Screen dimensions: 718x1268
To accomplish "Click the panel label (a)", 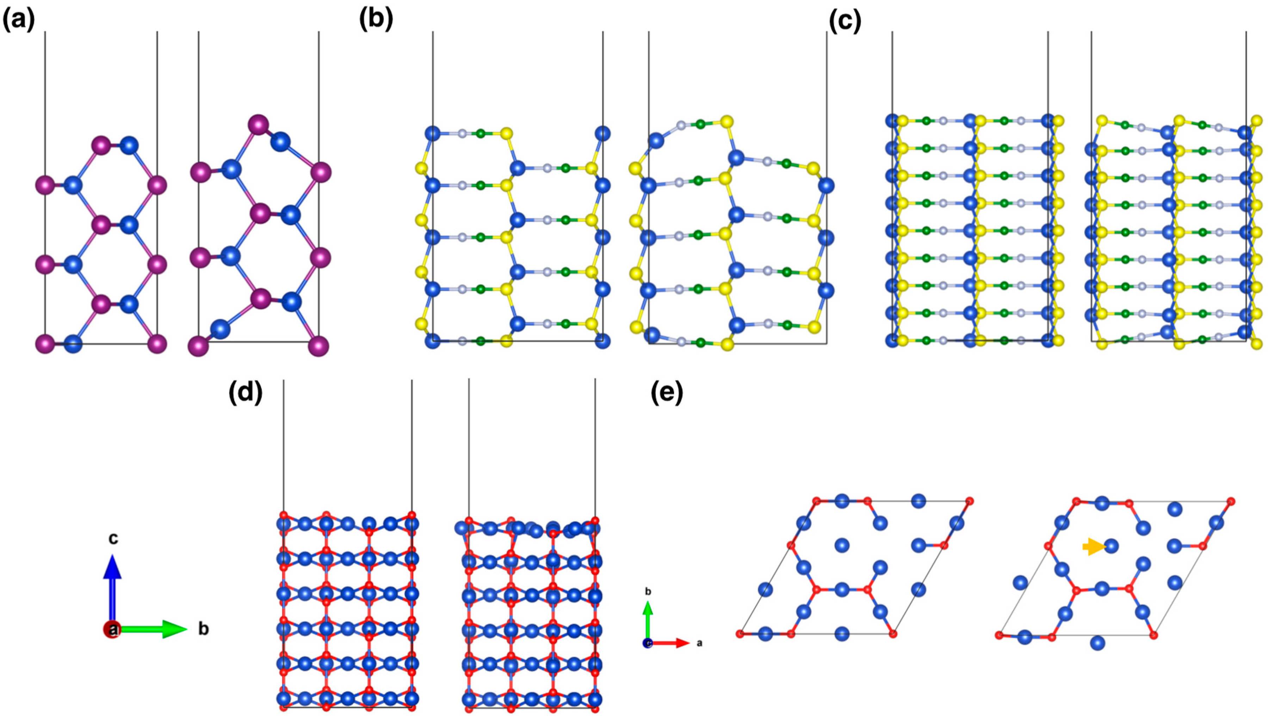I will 19,21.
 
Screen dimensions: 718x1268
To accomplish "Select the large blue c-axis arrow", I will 112,587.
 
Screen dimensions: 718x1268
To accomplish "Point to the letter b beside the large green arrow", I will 203,629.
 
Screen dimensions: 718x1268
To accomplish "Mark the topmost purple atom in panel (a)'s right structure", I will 258,125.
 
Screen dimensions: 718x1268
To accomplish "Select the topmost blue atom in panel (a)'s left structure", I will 130,146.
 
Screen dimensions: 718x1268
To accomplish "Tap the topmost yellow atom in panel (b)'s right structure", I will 726,121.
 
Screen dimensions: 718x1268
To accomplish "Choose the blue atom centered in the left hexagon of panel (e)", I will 842,545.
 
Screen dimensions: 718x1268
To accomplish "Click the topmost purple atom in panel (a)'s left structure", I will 101,146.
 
